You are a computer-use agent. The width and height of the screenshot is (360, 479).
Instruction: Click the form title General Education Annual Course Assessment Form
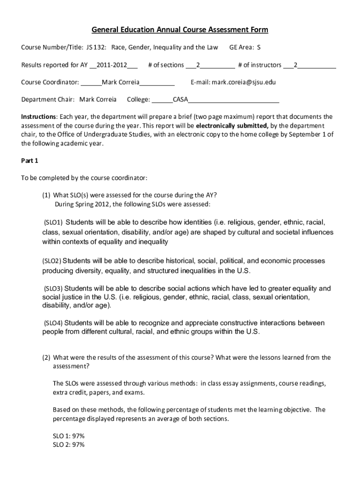(x=180, y=30)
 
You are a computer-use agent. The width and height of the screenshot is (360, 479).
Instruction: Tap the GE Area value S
(x=259, y=47)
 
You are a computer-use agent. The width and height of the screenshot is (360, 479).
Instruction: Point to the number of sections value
(x=198, y=65)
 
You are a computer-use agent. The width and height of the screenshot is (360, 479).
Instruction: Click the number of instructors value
(x=295, y=65)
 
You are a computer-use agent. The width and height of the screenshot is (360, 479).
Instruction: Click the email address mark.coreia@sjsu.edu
(x=244, y=82)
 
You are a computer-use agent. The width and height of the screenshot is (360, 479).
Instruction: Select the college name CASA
(x=181, y=100)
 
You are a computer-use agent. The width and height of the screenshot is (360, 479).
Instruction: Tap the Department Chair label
(x=48, y=100)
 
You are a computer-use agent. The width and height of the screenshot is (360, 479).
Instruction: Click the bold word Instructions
(x=39, y=117)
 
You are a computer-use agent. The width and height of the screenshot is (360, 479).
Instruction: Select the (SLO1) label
(x=53, y=222)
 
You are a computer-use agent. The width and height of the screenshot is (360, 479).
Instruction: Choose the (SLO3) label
(x=53, y=289)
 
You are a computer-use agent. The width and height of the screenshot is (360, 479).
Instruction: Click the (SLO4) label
(x=53, y=323)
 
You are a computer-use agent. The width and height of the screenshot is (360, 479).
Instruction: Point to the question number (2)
(x=46, y=357)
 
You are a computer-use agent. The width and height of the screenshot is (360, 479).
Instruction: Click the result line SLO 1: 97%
(x=69, y=436)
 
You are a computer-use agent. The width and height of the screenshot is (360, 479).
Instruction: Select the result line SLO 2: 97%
(x=69, y=445)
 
